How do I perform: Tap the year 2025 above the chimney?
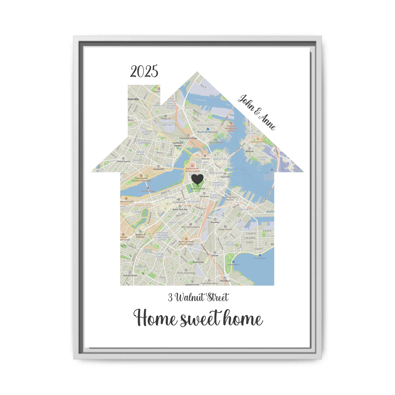tap(144, 72)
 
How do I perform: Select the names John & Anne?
tap(256, 112)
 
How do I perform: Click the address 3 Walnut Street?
tap(198, 297)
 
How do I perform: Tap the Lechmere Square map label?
tap(178, 144)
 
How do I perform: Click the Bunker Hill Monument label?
tap(208, 132)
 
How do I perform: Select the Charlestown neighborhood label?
tap(206, 125)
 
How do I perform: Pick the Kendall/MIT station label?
tap(159, 169)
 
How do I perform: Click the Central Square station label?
tap(124, 161)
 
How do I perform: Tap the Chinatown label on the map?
tap(204, 196)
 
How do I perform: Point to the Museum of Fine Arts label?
tap(140, 236)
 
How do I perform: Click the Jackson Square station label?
tap(130, 275)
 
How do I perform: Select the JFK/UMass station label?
tap(225, 281)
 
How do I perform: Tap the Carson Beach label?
tap(233, 264)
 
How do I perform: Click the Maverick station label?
tap(250, 151)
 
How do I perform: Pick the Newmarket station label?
tap(198, 262)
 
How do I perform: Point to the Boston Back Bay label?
tap(180, 209)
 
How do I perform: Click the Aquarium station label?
tap(225, 177)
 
